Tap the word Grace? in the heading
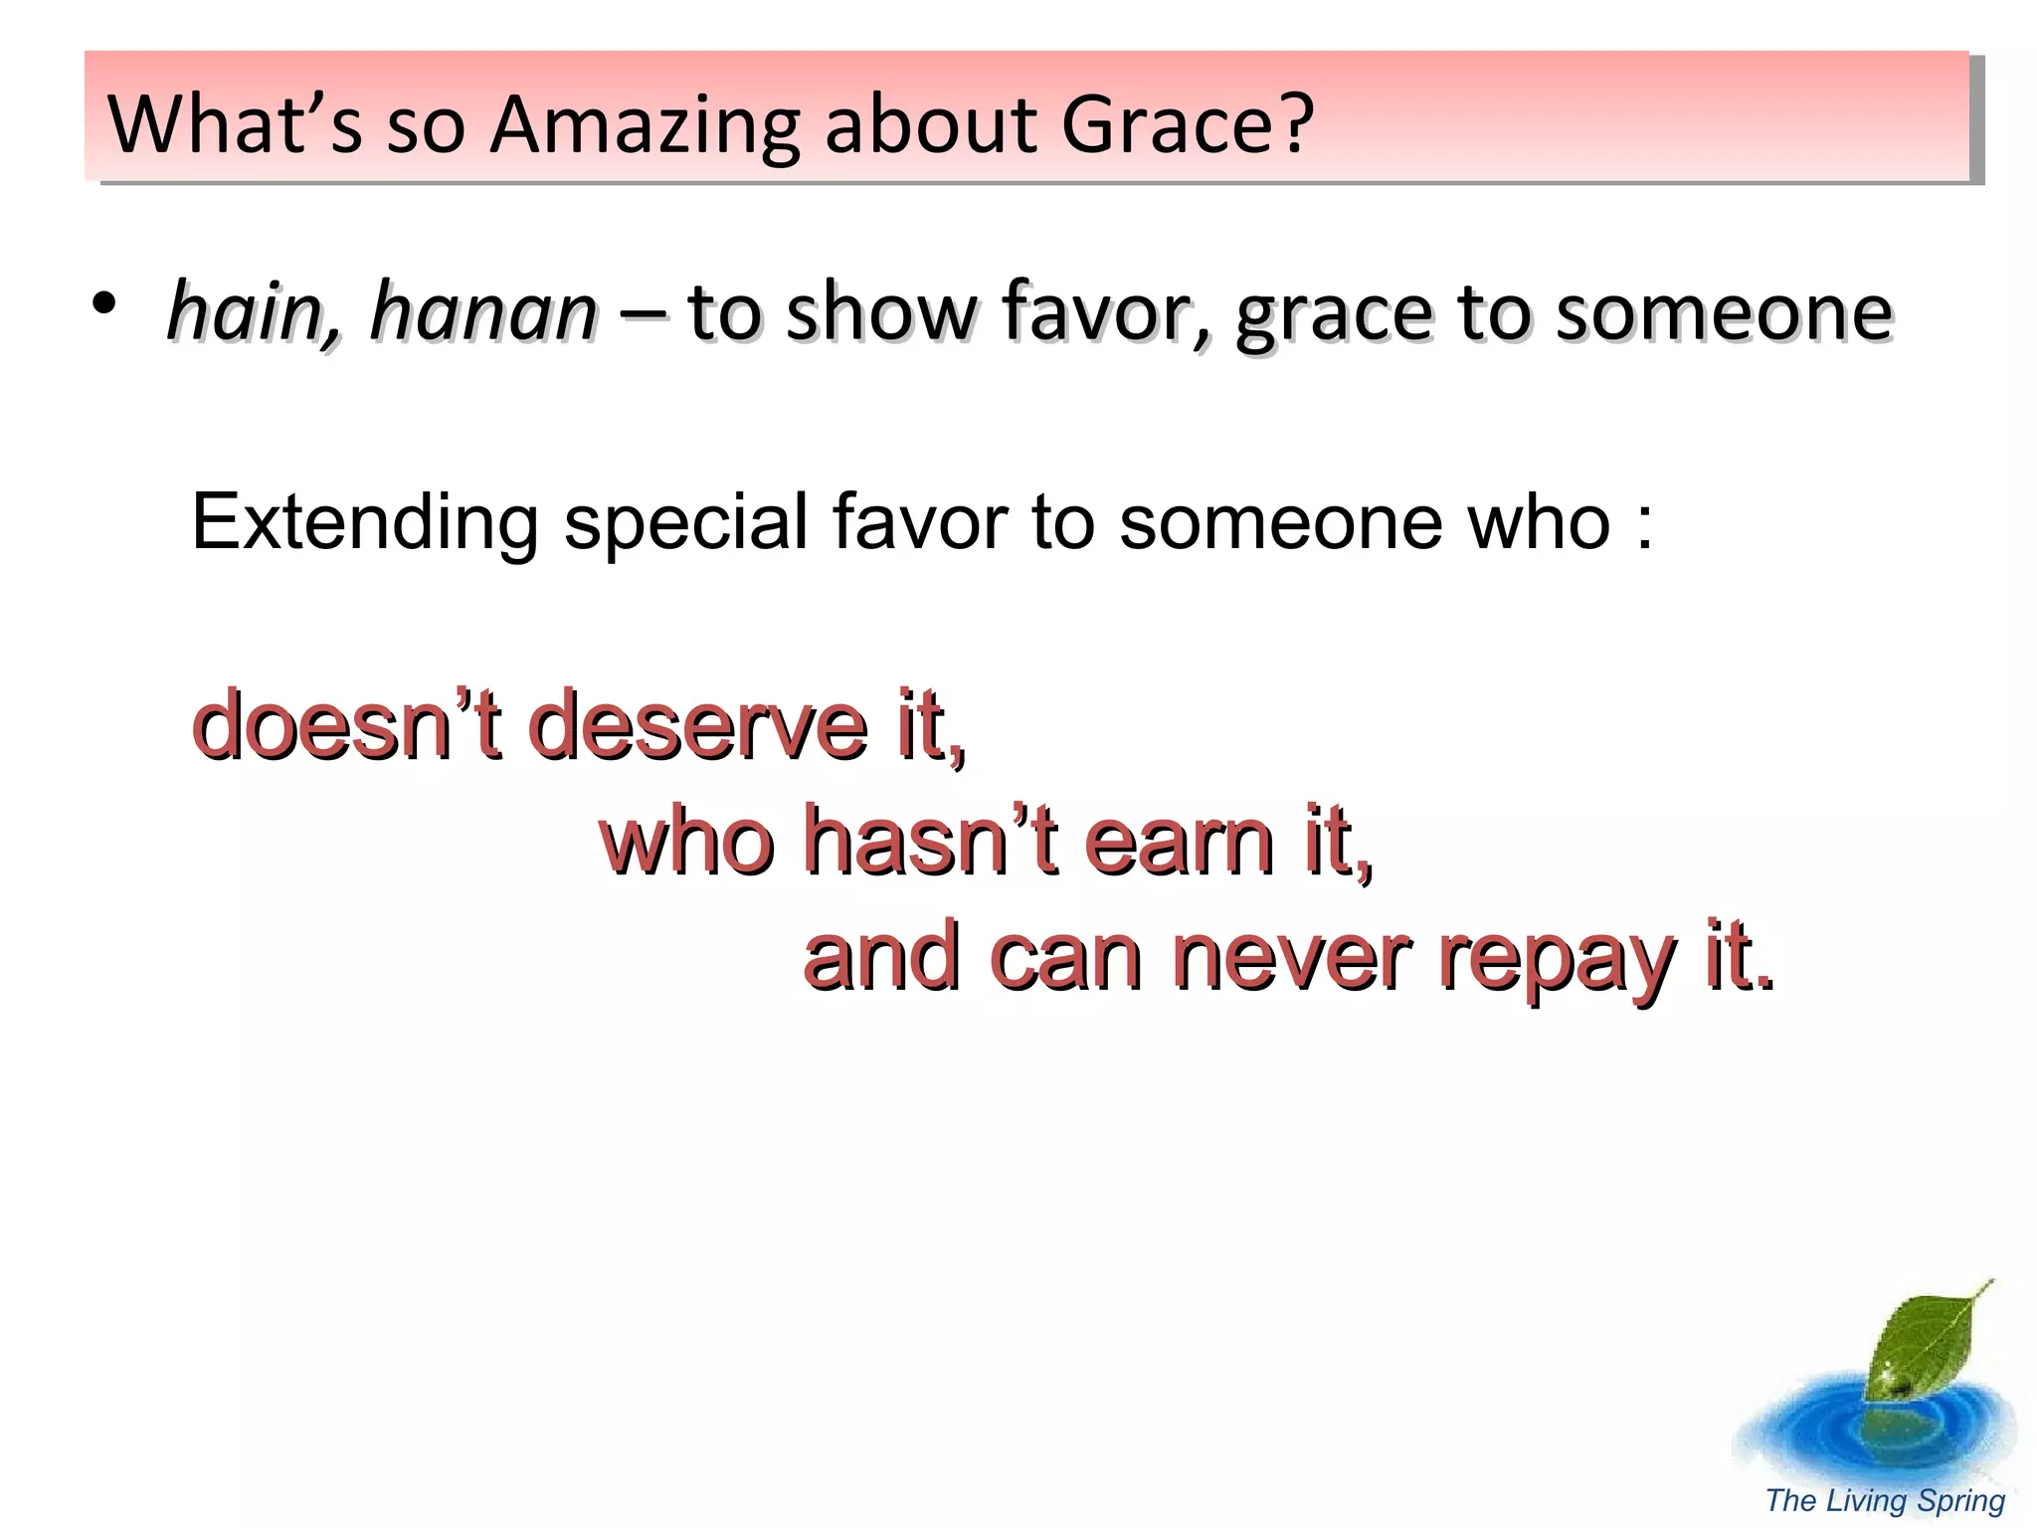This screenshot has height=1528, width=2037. point(1188,125)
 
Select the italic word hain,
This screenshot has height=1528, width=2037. point(255,312)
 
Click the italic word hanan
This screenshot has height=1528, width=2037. point(483,312)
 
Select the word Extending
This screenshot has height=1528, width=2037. point(364,523)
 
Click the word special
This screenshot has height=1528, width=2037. point(686,523)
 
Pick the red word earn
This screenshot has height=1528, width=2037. point(1180,842)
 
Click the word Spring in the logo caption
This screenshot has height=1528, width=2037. point(1960,1501)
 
